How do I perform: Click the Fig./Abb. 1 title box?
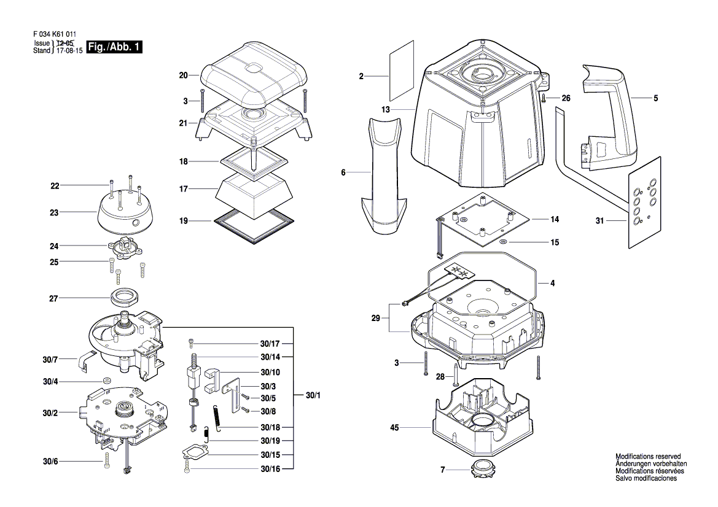tap(114, 47)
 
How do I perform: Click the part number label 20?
tap(183, 75)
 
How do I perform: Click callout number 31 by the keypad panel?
tap(600, 221)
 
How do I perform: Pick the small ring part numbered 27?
tap(125, 298)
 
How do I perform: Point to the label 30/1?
tap(313, 395)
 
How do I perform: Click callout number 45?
tap(394, 428)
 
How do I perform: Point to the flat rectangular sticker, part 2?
tap(402, 71)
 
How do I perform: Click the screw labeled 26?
tap(544, 98)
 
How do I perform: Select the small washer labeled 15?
tap(502, 242)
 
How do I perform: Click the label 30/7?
tap(50, 360)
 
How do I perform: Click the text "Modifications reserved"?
tap(648, 456)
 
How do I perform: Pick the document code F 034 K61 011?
tap(55, 34)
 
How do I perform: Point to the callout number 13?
tap(386, 109)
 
